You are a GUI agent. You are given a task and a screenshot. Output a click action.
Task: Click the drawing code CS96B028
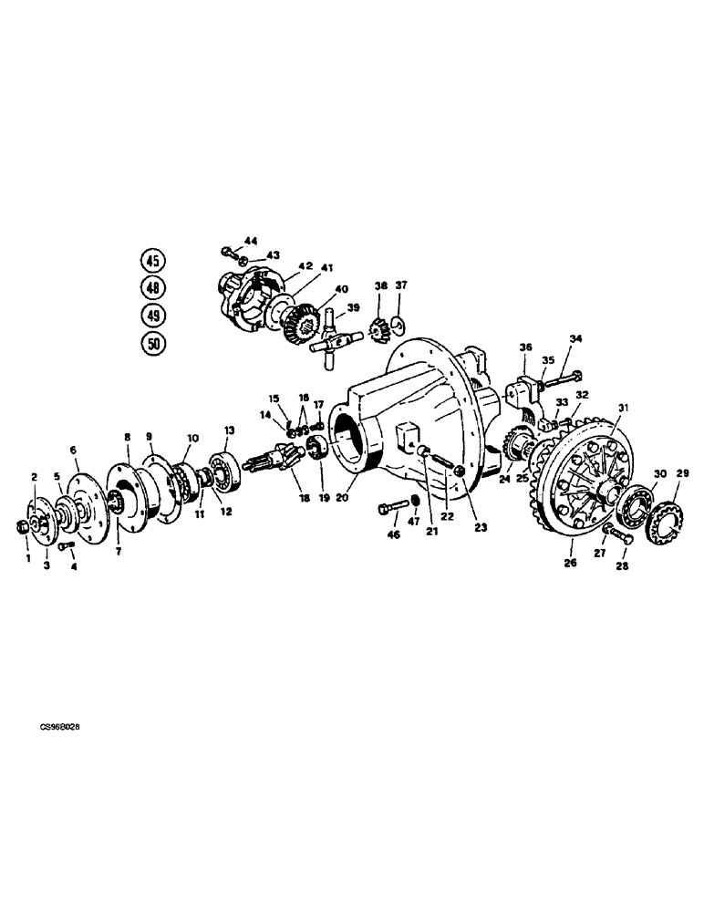point(58,730)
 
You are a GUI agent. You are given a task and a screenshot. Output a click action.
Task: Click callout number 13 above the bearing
point(230,430)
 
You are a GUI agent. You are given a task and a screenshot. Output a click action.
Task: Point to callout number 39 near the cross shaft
point(353,307)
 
